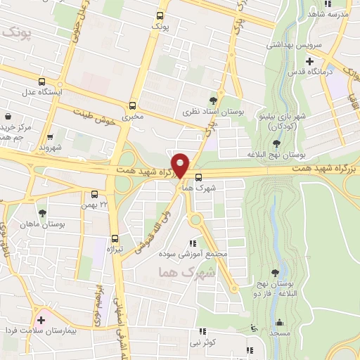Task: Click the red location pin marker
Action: point(181,165)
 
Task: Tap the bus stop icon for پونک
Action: point(160,15)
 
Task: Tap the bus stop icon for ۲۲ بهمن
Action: point(95,194)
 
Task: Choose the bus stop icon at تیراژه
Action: point(115,238)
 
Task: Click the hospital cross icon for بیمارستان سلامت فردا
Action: point(41,320)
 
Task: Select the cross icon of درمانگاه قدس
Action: point(310,60)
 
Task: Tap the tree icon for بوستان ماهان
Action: point(43,213)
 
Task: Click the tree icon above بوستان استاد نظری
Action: point(214,100)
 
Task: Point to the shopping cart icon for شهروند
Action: point(50,137)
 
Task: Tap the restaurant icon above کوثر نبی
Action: point(203,331)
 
